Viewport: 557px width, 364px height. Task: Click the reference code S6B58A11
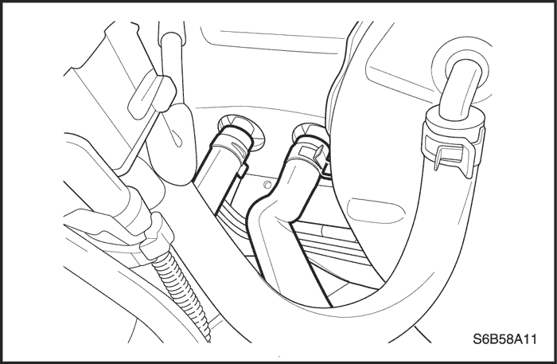pyautogui.click(x=504, y=339)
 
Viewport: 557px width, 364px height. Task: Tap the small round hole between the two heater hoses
pyautogui.click(x=267, y=185)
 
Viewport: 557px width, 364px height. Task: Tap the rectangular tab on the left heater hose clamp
pyautogui.click(x=242, y=171)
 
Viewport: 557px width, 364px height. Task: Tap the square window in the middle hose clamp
pyautogui.click(x=304, y=152)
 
